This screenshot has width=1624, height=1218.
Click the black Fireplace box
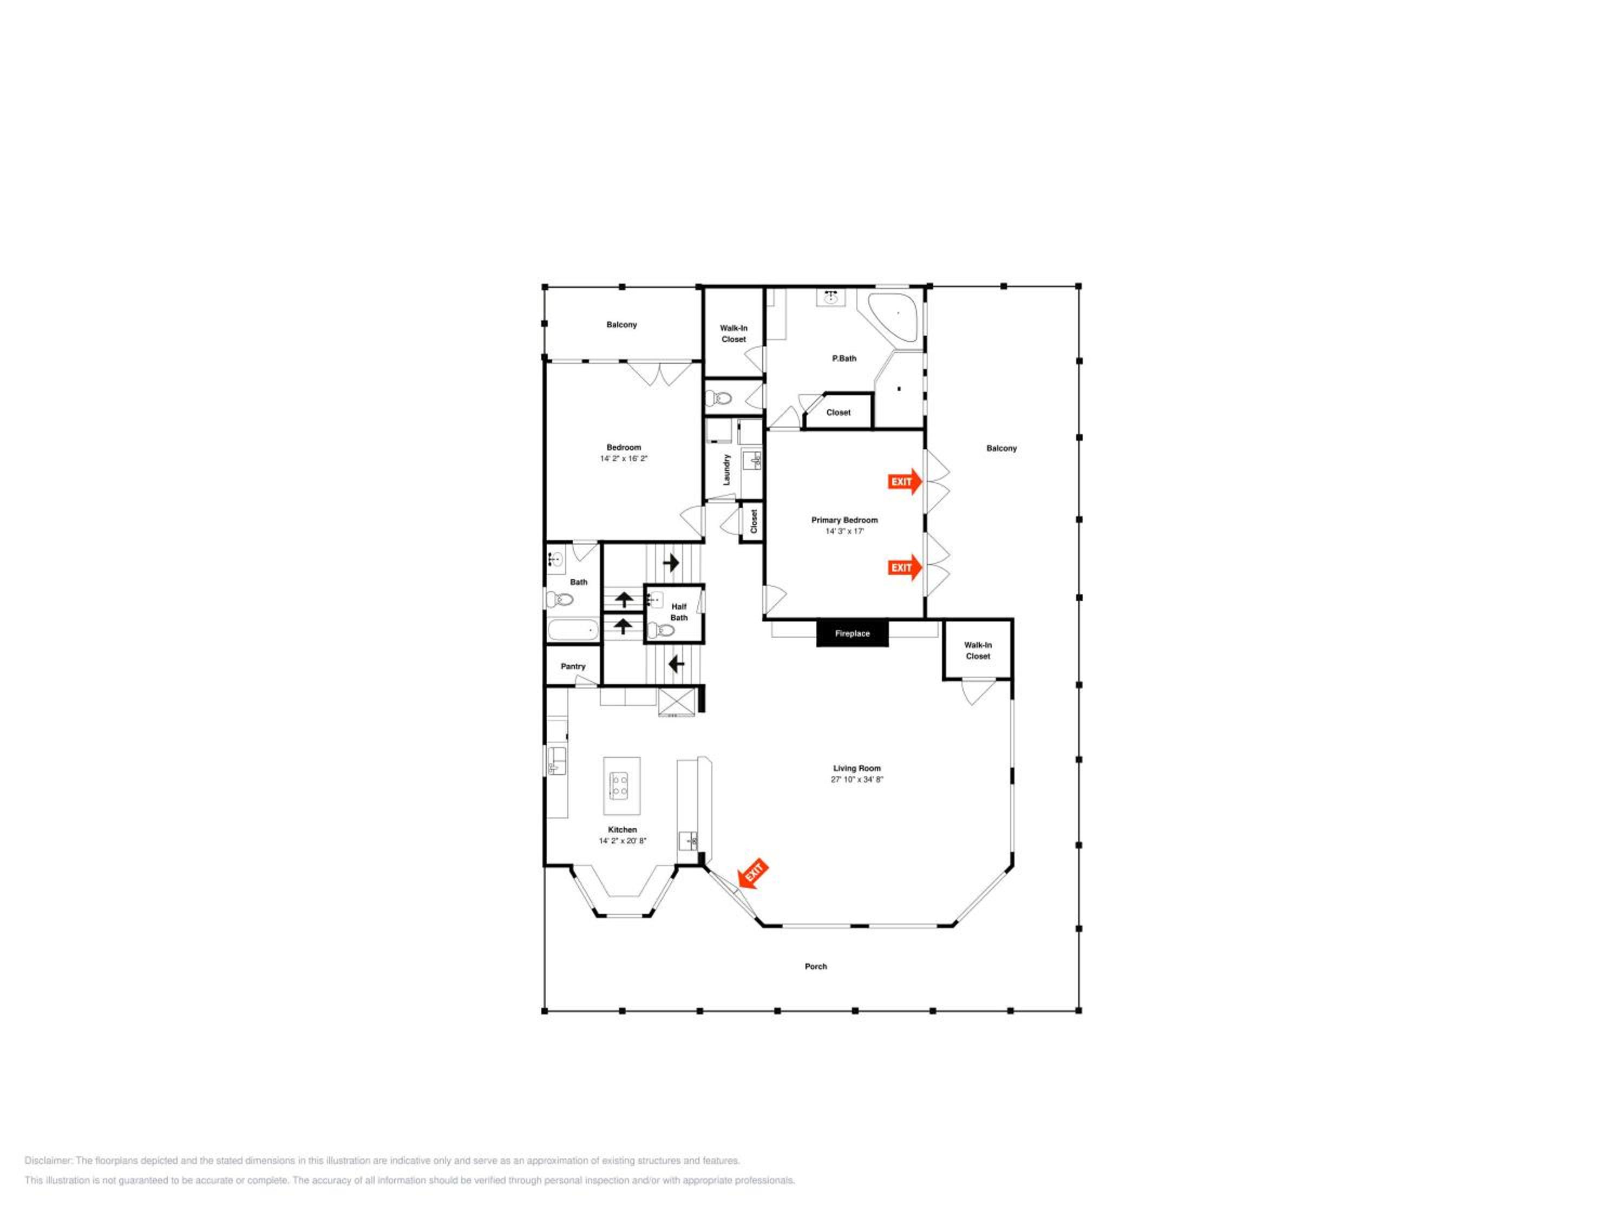click(x=853, y=633)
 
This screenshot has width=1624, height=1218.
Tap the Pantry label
click(x=573, y=666)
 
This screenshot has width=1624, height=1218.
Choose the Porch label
click(x=816, y=966)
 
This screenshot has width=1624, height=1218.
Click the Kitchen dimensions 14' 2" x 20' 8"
click(x=623, y=841)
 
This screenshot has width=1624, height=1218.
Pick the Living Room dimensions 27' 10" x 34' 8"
click(x=857, y=779)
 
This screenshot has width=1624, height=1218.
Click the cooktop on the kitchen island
click(x=619, y=785)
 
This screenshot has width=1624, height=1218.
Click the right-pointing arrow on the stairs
click(x=671, y=563)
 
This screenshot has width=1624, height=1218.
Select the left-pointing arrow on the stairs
click(x=676, y=664)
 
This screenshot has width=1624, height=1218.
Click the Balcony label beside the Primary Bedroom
click(x=1001, y=448)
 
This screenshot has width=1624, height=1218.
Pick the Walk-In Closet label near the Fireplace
click(x=978, y=651)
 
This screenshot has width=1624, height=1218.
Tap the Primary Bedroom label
click(x=844, y=520)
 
